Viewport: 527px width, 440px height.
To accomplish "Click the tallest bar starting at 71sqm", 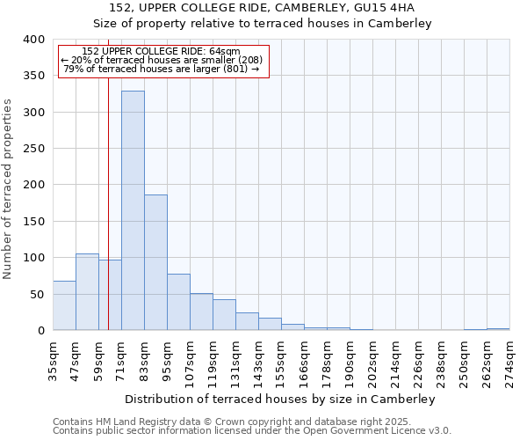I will click(133, 211).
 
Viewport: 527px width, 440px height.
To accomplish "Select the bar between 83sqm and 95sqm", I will click(155, 262).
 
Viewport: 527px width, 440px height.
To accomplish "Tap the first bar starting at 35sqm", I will click(64, 305).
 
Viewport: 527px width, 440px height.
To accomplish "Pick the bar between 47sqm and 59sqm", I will click(87, 292).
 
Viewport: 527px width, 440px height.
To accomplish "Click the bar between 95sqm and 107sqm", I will click(178, 302).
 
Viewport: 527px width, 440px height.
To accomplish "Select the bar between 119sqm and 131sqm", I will click(224, 315).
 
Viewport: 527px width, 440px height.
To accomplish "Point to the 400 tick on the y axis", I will click(33, 40).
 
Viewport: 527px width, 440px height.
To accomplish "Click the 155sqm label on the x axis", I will click(282, 361).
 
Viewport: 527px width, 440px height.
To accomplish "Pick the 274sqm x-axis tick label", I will click(510, 361).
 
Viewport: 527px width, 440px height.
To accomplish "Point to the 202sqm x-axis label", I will click(373, 361).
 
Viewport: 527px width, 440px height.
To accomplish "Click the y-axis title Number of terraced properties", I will click(9, 188).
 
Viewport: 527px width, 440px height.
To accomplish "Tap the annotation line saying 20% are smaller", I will click(162, 60).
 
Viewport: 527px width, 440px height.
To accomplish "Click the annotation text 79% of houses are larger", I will click(162, 69).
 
